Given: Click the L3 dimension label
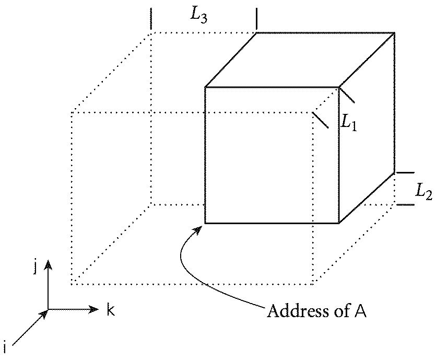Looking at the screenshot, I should (x=199, y=15).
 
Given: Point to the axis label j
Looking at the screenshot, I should (x=35, y=268).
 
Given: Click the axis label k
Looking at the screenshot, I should (x=111, y=310).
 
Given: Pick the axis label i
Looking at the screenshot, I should (x=5, y=346).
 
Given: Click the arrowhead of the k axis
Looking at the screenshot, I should (x=95, y=309).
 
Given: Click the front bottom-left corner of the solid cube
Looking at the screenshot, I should (x=205, y=223).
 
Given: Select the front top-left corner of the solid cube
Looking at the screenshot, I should (x=205, y=87).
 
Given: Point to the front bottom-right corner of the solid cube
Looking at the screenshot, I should (x=339, y=223).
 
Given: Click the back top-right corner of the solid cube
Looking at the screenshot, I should (x=394, y=33).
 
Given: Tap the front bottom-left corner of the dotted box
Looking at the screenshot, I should (x=72, y=284).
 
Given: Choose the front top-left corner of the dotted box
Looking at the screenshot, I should (x=72, y=112).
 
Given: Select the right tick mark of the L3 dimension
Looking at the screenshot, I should (x=256, y=19).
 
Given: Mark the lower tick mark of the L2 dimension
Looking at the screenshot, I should (x=405, y=204).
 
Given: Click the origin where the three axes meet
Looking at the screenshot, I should (x=48, y=309).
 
